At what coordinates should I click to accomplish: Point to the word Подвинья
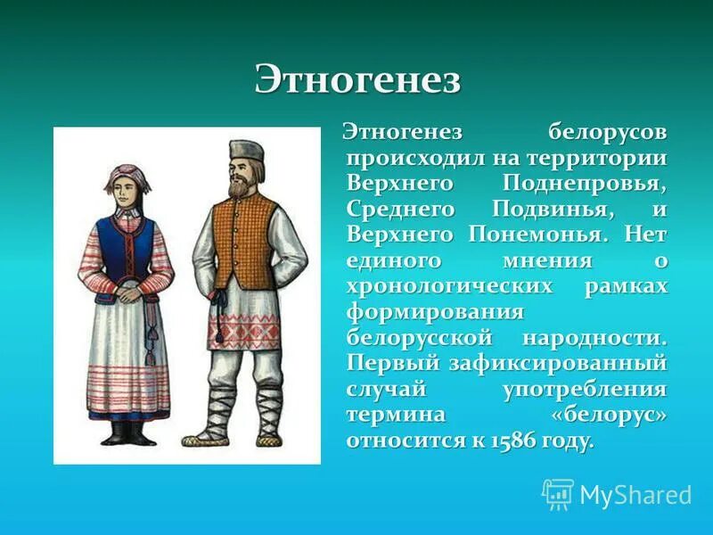(547, 210)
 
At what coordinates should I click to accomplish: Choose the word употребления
(584, 390)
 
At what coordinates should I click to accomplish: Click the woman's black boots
(127, 433)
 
